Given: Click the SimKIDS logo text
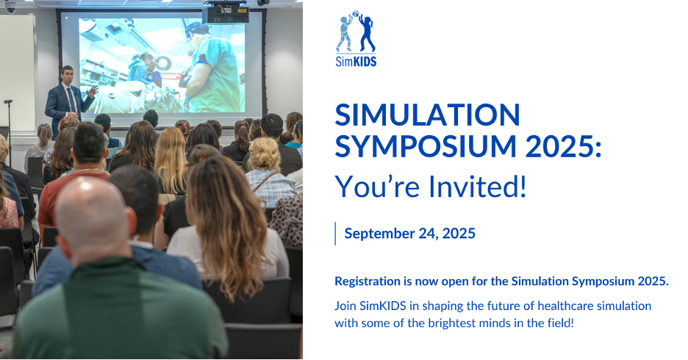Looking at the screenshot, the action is (356, 62).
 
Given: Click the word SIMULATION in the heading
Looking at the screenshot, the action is (427, 115).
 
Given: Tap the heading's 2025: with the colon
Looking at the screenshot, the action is (563, 146).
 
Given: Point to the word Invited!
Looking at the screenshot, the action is (477, 186).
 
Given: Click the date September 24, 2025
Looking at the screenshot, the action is (410, 234).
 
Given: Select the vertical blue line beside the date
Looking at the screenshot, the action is (336, 234).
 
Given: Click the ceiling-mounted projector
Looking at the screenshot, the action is (226, 13).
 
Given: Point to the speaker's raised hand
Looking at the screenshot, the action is (93, 91).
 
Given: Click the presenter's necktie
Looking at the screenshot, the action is (71, 99).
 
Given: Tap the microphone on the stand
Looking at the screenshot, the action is (8, 101).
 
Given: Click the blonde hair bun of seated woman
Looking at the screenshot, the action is (264, 154).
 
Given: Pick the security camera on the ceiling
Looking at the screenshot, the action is (10, 7).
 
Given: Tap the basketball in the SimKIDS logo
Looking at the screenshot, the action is (356, 14).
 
